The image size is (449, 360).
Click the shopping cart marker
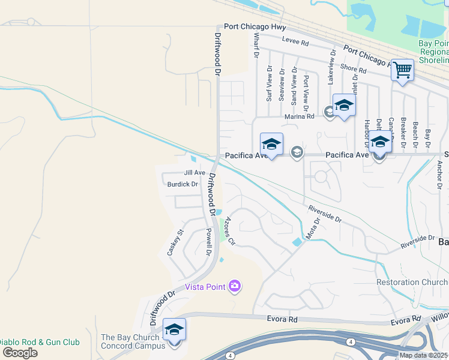402,70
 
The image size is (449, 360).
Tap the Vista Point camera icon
235,286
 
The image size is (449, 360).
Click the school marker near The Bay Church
174,331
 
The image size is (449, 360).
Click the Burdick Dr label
182,184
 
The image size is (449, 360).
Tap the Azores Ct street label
228,230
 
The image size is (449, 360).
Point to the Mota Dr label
313,229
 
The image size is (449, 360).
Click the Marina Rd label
300,116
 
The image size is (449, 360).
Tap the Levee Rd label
296,43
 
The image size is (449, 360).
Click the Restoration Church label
412,282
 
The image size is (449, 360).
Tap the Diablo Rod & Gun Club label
40,342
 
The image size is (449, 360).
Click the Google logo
19,353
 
